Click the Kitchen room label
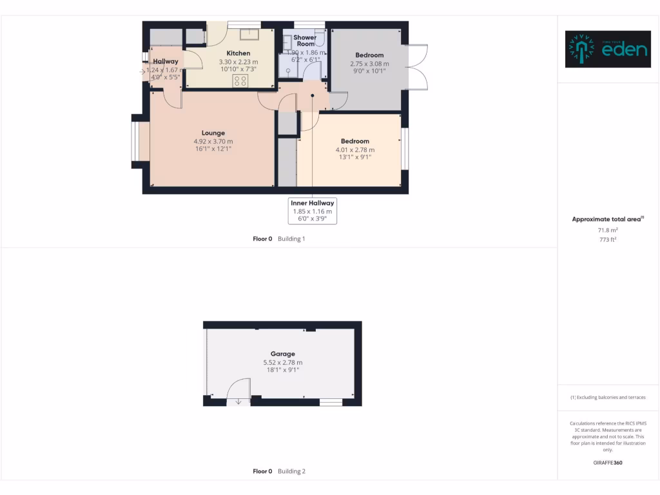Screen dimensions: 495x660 click(238, 53)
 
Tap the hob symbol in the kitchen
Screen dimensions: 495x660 click(240, 81)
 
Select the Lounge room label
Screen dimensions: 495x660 click(213, 133)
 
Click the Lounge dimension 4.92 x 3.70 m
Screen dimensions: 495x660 click(213, 141)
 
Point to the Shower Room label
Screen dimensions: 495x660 click(305, 41)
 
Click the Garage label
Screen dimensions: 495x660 click(282, 354)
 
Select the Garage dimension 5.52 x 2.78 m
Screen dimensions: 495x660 click(282, 362)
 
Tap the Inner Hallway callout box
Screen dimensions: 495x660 click(313, 211)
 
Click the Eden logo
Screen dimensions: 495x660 click(607, 49)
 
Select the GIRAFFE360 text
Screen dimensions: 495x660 click(608, 463)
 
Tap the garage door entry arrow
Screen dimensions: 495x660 click(238, 402)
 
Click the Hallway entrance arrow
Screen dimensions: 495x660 click(142, 71)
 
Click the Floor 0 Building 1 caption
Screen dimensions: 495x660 click(278, 238)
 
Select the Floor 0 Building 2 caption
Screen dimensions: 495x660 click(278, 471)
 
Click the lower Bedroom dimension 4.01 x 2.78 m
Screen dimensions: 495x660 click(354, 150)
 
